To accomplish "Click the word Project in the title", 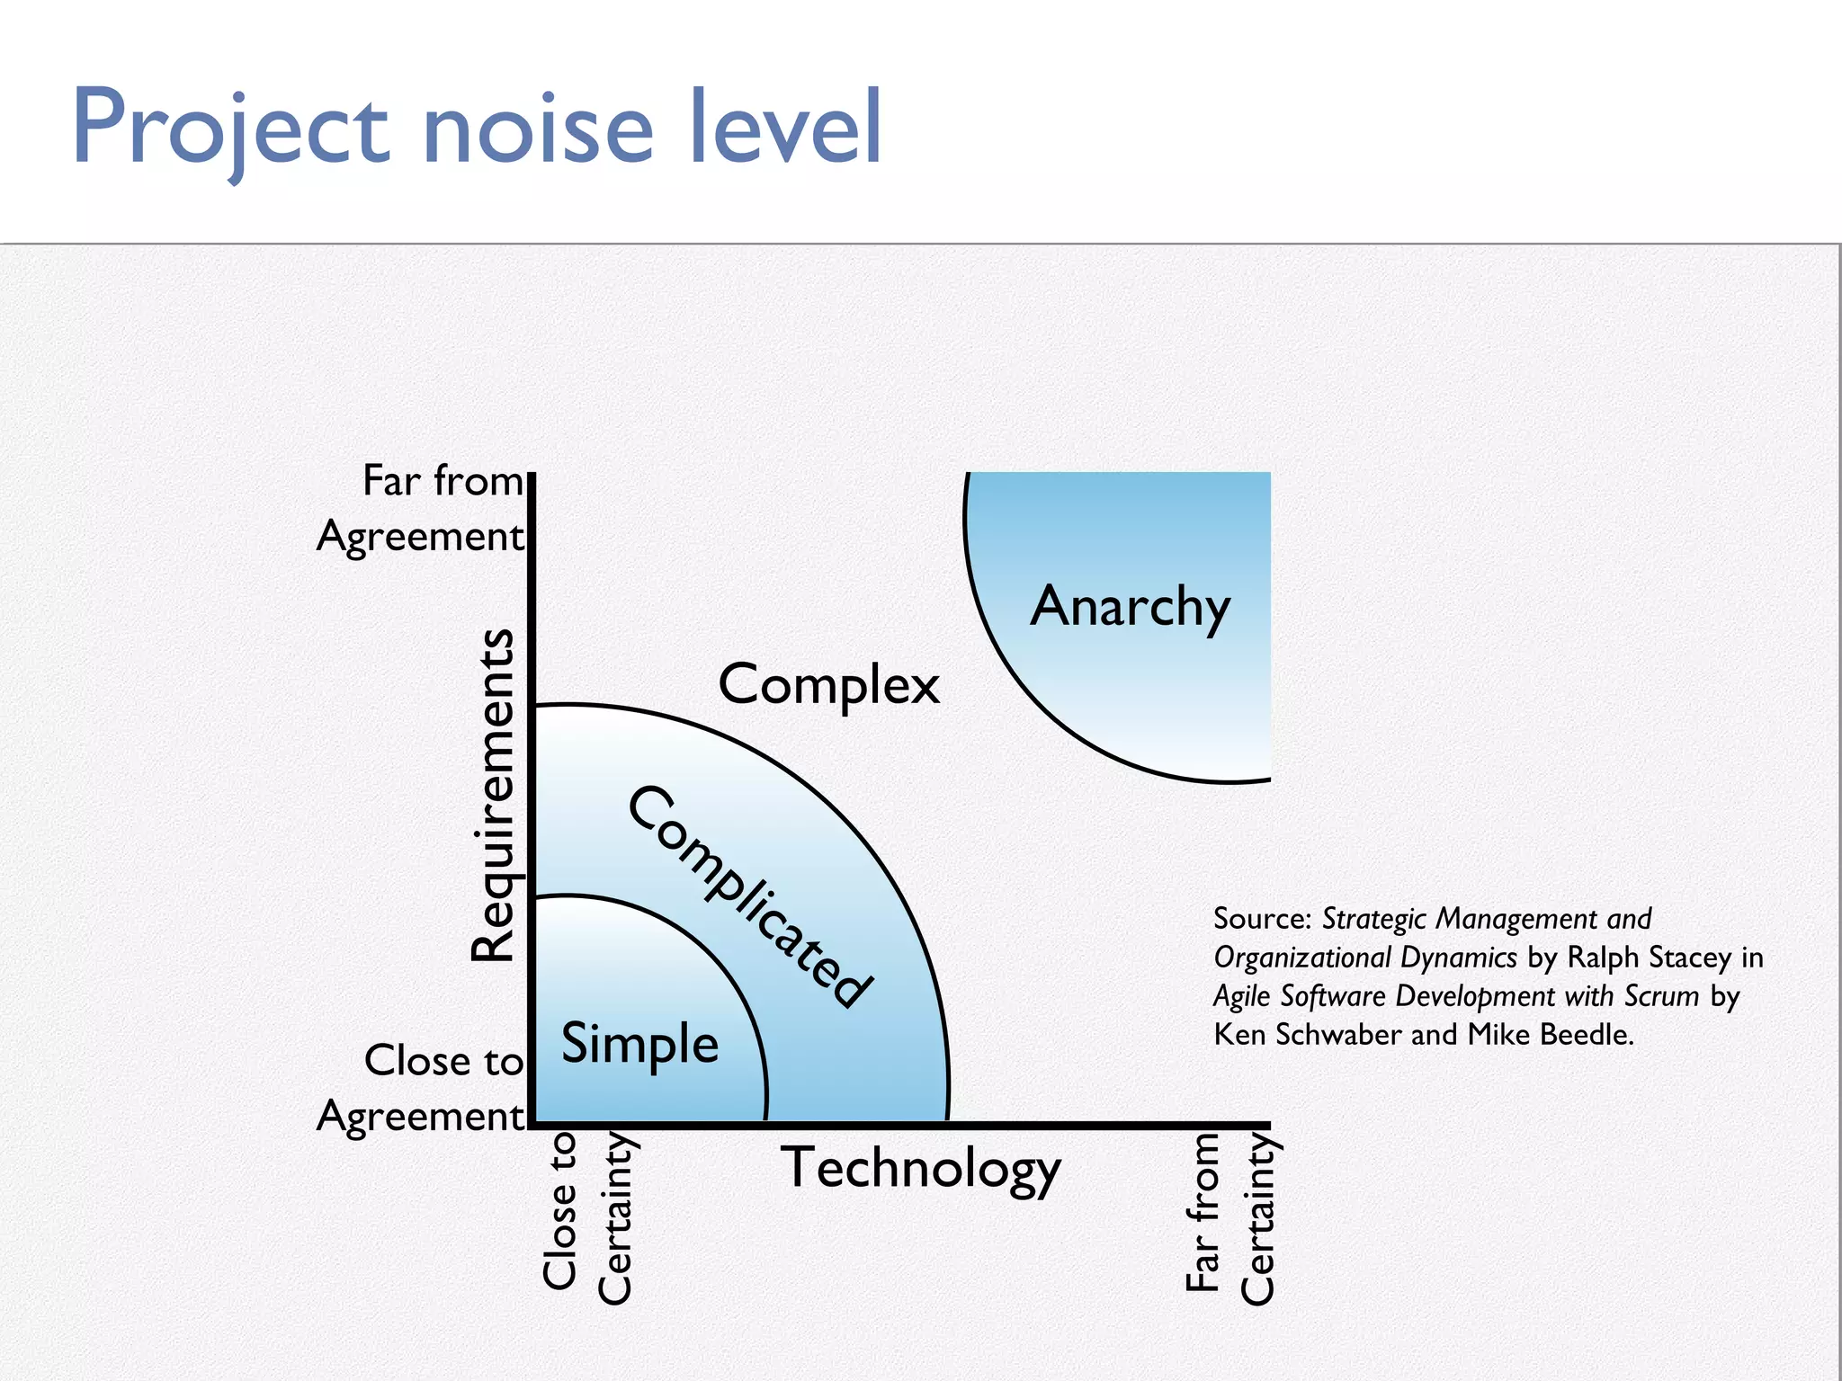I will pos(229,128).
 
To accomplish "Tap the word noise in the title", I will pos(537,128).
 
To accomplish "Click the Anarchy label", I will pos(1130,607).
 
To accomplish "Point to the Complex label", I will pos(828,685).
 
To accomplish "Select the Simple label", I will pos(639,1044).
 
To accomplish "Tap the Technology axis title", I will pos(920,1168).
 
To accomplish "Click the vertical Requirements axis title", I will pos(493,795).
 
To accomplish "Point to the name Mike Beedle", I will pos(1550,1035).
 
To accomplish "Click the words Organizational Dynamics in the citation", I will pos(1364,958).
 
